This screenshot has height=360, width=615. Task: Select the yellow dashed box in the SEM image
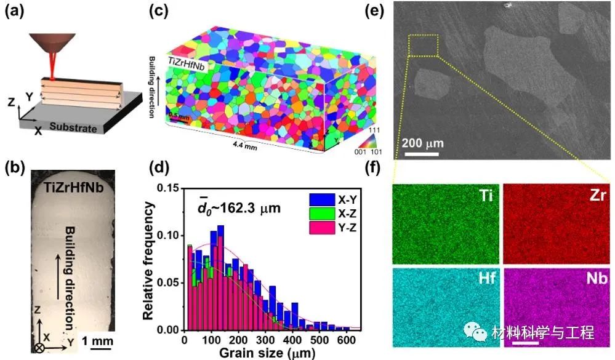423,46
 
